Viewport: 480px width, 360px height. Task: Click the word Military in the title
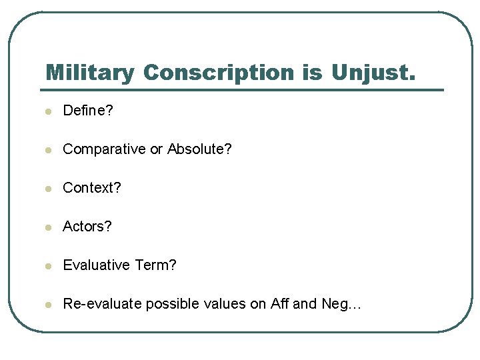[90, 73]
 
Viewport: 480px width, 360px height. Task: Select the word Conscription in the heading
[219, 73]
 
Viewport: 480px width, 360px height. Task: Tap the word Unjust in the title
[372, 73]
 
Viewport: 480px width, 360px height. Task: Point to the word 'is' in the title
[312, 73]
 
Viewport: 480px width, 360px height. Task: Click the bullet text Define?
[88, 111]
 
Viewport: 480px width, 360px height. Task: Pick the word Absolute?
[199, 149]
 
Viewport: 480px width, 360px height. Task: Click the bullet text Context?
[92, 188]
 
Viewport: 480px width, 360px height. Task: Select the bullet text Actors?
[87, 227]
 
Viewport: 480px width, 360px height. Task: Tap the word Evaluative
[96, 265]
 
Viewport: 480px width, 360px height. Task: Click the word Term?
[155, 265]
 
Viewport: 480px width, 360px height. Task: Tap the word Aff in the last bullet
[280, 304]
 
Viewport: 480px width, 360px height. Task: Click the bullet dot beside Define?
[48, 111]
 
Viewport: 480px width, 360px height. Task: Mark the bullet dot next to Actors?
[48, 227]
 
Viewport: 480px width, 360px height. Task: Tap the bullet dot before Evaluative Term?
[48, 266]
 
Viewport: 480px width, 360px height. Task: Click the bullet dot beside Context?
[48, 189]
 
